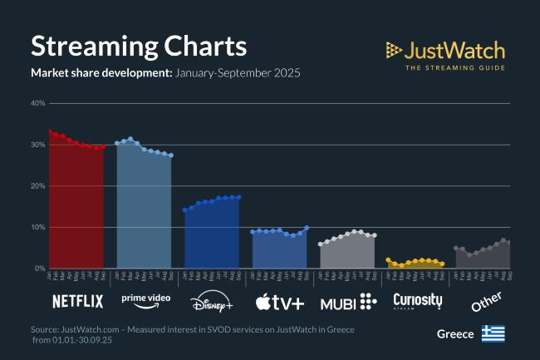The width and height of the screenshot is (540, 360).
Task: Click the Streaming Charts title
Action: click(139, 45)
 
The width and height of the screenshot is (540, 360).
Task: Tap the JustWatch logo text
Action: click(454, 50)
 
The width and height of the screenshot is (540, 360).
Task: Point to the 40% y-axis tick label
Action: click(37, 103)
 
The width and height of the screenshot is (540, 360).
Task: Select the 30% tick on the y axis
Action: click(37, 145)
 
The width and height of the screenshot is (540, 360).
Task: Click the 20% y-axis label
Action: click(37, 185)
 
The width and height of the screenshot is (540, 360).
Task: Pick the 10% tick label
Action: click(37, 227)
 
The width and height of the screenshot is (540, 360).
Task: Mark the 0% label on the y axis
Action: click(39, 269)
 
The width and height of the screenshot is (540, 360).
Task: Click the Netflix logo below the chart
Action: click(77, 301)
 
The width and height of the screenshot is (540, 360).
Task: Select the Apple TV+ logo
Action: click(281, 301)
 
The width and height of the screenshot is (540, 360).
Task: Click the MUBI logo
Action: click(347, 301)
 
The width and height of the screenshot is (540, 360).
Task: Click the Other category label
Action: click(485, 301)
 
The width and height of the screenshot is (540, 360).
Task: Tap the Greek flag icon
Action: click(493, 333)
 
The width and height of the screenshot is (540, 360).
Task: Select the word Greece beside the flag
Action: click(455, 333)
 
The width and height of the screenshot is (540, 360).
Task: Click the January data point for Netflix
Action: click(50, 131)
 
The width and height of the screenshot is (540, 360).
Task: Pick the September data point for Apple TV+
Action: click(307, 227)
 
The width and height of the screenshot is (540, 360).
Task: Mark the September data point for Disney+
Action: click(238, 197)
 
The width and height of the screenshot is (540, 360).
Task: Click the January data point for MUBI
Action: click(321, 244)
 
